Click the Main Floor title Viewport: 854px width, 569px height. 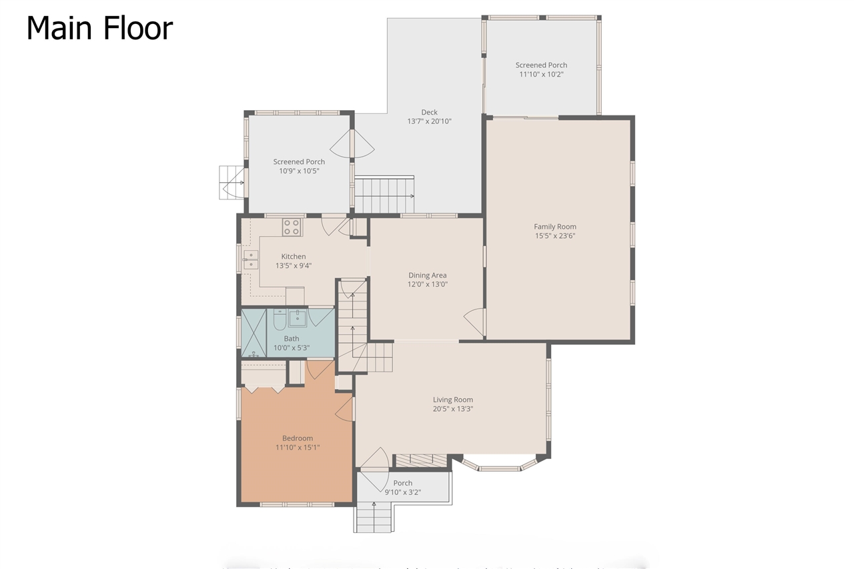(99, 29)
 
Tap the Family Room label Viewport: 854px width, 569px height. (554, 227)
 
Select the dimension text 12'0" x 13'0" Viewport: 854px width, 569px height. (428, 284)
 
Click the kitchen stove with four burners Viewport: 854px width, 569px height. (291, 227)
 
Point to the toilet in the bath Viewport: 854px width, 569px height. (280, 320)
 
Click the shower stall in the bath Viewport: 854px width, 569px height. (254, 332)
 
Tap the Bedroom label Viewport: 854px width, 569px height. (298, 438)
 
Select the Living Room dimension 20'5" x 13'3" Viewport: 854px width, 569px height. (452, 409)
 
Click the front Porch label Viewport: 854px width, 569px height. (402, 483)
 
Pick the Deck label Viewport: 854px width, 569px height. (429, 112)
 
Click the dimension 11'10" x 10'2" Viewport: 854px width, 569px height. (541, 74)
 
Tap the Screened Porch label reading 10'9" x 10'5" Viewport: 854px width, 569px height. (299, 162)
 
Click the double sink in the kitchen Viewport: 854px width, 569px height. (252, 259)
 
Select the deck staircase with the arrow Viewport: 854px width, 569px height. (384, 194)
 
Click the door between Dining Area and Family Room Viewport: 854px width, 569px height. (475, 323)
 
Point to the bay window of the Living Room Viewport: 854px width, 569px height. (499, 465)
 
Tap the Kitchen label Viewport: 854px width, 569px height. (293, 256)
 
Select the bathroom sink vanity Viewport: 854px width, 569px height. (298, 318)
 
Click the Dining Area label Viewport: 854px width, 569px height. (428, 275)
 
